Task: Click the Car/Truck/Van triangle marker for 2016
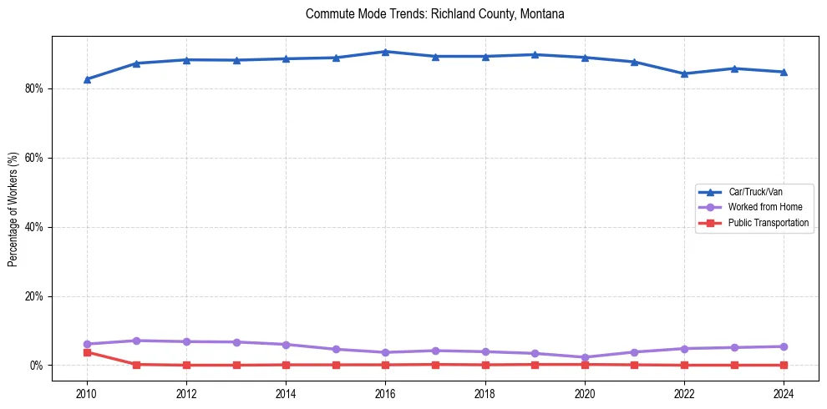(x=385, y=52)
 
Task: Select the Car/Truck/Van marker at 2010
(x=87, y=79)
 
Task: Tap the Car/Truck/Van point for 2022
(x=685, y=73)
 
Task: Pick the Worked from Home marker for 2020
(x=585, y=357)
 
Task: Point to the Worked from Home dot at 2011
(x=136, y=341)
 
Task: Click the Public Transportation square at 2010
(x=87, y=352)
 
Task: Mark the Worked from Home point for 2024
(x=784, y=346)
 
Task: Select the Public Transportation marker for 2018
(x=485, y=365)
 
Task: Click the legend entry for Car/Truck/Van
(x=755, y=192)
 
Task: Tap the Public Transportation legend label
(x=768, y=223)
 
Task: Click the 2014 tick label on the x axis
(x=286, y=392)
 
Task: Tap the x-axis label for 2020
(x=585, y=392)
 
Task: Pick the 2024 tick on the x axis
(x=784, y=392)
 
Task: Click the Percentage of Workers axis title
(x=13, y=210)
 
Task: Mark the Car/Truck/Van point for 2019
(x=535, y=55)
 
